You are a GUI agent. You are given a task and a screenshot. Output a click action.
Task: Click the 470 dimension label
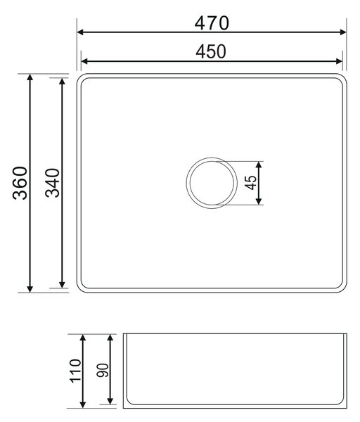212,23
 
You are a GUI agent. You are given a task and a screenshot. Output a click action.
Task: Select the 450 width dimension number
211,51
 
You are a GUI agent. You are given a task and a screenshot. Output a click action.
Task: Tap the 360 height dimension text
20,183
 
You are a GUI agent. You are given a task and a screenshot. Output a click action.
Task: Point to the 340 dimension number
53,183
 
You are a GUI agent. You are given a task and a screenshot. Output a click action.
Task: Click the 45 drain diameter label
251,183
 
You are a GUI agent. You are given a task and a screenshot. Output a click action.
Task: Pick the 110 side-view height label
75,371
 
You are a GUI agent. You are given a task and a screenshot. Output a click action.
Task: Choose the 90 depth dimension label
103,371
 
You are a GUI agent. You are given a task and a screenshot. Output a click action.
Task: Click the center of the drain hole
212,183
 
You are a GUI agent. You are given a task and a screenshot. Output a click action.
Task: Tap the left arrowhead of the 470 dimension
80,32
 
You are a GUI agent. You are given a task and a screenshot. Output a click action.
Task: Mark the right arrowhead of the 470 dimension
343,32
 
